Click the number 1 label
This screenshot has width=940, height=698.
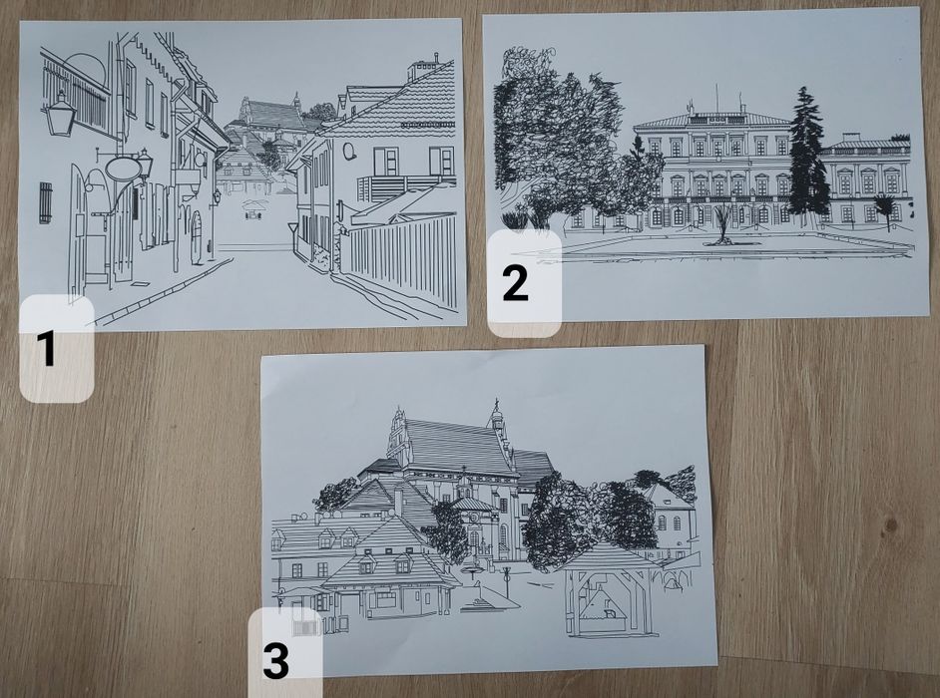[47, 350]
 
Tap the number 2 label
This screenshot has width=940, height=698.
[515, 283]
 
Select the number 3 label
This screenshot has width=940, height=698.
[276, 660]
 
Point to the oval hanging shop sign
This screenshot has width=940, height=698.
[122, 169]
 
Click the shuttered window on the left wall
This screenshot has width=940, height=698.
[45, 201]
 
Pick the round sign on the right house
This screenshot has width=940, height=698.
[349, 152]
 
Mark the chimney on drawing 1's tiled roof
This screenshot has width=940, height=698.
[422, 70]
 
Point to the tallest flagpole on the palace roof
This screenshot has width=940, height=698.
[715, 99]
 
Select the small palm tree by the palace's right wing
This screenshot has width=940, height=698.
[884, 206]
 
